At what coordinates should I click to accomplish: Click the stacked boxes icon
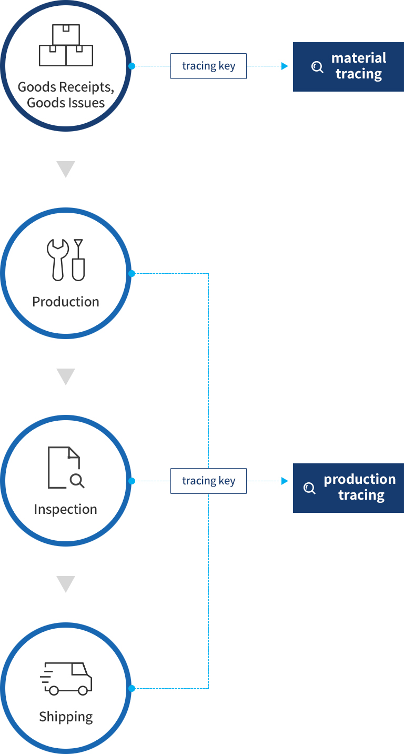[66, 45]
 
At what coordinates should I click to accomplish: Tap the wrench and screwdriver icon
[66, 260]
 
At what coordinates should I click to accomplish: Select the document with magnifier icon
[66, 468]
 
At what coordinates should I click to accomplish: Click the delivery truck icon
[66, 678]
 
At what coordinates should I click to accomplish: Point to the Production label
[66, 302]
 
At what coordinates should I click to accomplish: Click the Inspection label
[66, 509]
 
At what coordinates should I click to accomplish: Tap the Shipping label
[66, 717]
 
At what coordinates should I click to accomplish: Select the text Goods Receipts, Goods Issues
[66, 94]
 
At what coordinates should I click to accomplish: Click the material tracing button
[348, 66]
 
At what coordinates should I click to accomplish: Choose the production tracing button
[348, 488]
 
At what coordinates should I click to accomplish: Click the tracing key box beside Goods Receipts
[208, 66]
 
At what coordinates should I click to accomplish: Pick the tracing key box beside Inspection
[208, 481]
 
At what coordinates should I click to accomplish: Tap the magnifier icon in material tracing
[317, 67]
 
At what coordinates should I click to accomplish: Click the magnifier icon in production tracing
[310, 488]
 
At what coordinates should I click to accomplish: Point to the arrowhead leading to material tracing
[285, 66]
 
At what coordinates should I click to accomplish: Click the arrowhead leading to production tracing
[285, 481]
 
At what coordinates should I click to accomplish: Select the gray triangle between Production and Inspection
[66, 376]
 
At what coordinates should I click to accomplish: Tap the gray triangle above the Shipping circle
[66, 583]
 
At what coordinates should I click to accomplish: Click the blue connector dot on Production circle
[132, 273]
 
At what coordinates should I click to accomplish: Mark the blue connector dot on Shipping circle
[132, 688]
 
